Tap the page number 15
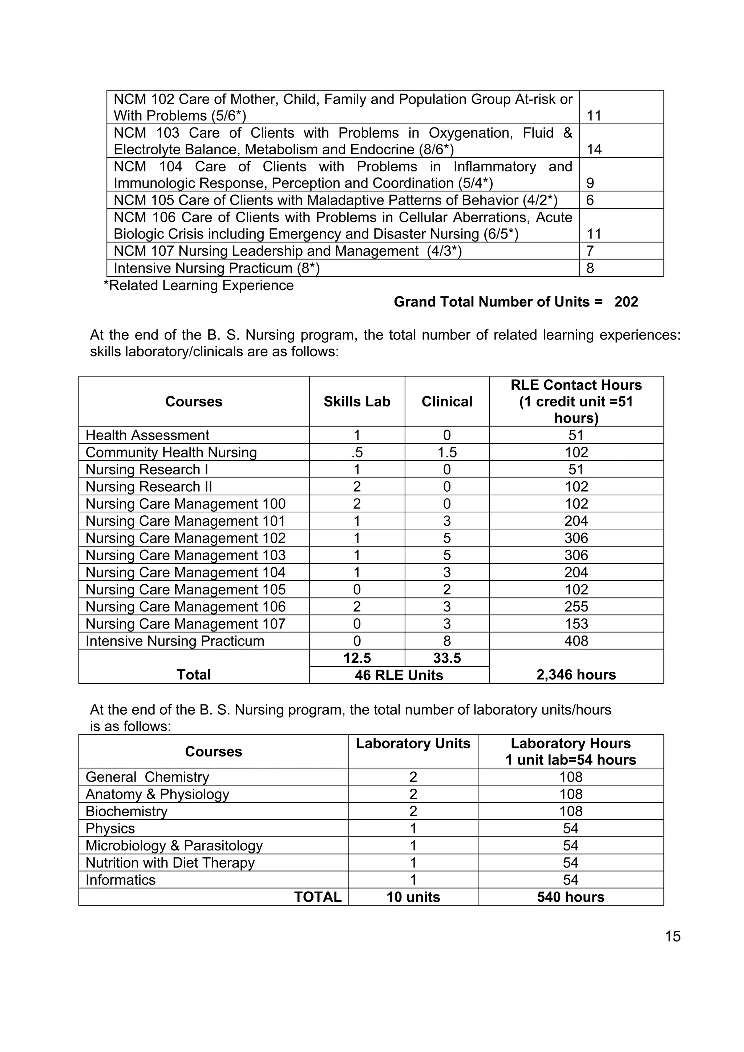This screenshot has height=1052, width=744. (672, 936)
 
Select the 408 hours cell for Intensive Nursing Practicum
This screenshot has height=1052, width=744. (576, 641)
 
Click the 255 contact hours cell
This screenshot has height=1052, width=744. (576, 607)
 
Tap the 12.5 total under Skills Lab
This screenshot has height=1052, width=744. (357, 658)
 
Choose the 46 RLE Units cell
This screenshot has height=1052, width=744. (399, 675)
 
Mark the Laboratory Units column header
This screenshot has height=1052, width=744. (413, 743)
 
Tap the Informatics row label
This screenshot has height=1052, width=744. (121, 880)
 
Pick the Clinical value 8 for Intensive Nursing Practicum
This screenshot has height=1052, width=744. (446, 641)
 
